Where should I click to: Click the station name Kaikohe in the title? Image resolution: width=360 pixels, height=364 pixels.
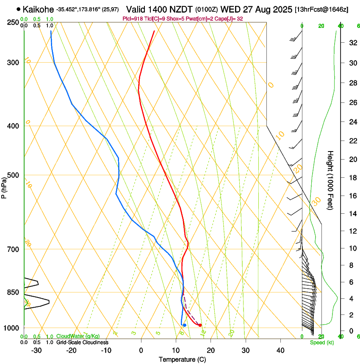[x=38, y=9]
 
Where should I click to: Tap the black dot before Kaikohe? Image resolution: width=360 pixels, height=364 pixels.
[x=18, y=9]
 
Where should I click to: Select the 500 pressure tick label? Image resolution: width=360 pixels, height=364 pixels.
[x=13, y=175]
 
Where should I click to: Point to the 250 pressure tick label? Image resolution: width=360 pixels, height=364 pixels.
[x=13, y=22]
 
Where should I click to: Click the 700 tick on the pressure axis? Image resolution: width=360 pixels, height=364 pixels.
[x=13, y=249]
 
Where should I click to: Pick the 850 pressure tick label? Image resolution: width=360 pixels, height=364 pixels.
[x=13, y=292]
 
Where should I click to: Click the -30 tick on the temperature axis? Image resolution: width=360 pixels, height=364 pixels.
[x=36, y=350]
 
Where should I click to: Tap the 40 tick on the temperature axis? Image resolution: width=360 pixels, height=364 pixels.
[x=280, y=350]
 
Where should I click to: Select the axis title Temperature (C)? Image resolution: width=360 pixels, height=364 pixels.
[x=182, y=359]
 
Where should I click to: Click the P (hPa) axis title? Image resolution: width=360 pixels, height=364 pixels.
[x=4, y=187]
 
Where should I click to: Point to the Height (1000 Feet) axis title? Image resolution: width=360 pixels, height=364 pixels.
[x=331, y=180]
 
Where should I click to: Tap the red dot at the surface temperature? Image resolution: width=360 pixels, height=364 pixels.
[x=200, y=325]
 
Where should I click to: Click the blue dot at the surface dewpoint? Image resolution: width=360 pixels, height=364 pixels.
[x=184, y=325]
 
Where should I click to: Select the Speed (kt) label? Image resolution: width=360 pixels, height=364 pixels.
[x=321, y=342]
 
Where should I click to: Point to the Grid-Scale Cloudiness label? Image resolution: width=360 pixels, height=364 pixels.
[x=82, y=342]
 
